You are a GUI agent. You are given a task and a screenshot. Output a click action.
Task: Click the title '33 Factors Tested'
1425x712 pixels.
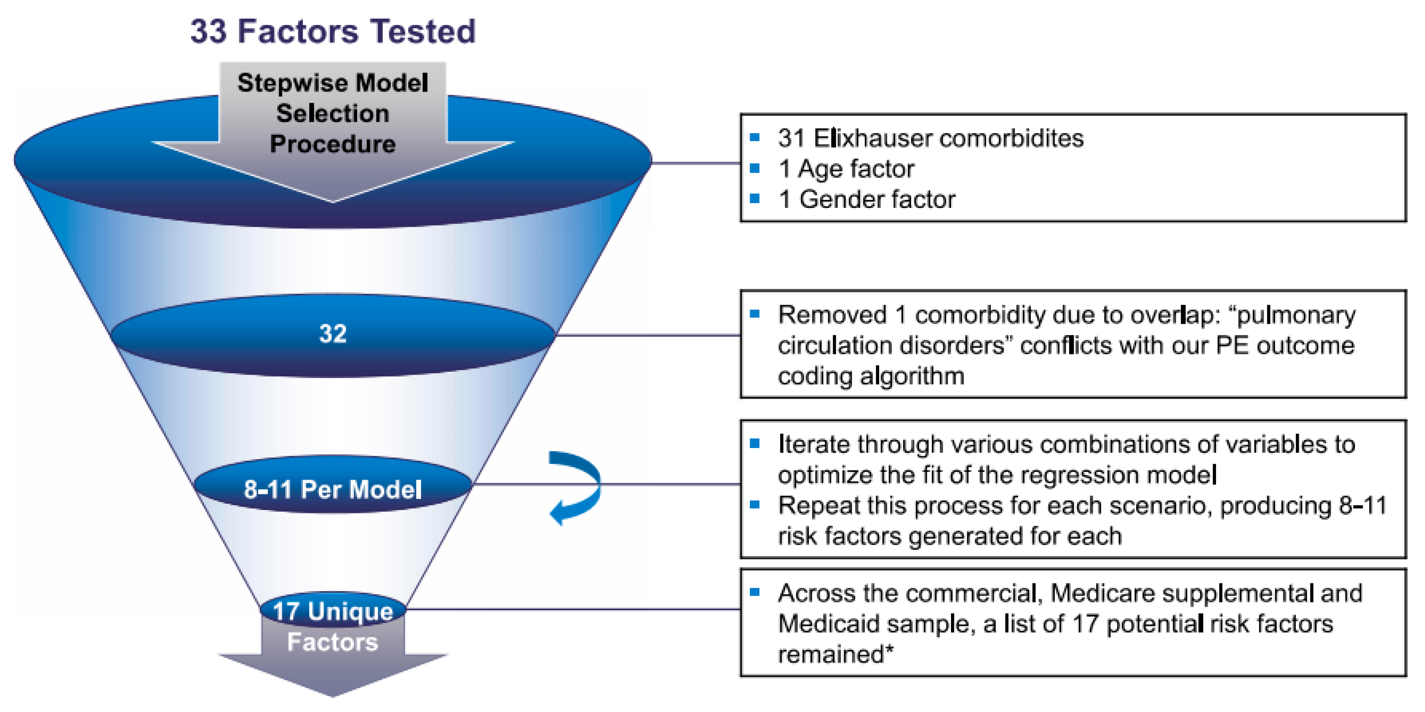[x=333, y=31]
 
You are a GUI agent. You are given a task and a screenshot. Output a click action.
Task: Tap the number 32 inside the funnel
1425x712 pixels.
[x=333, y=334]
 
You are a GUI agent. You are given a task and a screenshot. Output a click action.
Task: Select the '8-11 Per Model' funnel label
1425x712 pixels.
[x=333, y=489]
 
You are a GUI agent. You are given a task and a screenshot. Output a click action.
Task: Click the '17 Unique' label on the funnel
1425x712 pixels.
[x=333, y=611]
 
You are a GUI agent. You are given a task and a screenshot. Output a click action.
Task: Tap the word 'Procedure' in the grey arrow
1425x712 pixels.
[x=333, y=144]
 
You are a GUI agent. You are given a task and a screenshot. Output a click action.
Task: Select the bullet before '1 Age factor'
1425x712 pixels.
[x=754, y=168]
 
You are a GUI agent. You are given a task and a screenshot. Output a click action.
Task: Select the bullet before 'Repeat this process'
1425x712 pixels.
[x=754, y=505]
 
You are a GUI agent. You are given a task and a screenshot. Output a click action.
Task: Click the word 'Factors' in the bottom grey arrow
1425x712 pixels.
[x=333, y=642]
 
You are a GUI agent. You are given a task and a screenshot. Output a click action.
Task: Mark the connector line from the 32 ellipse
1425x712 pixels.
[x=647, y=335]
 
